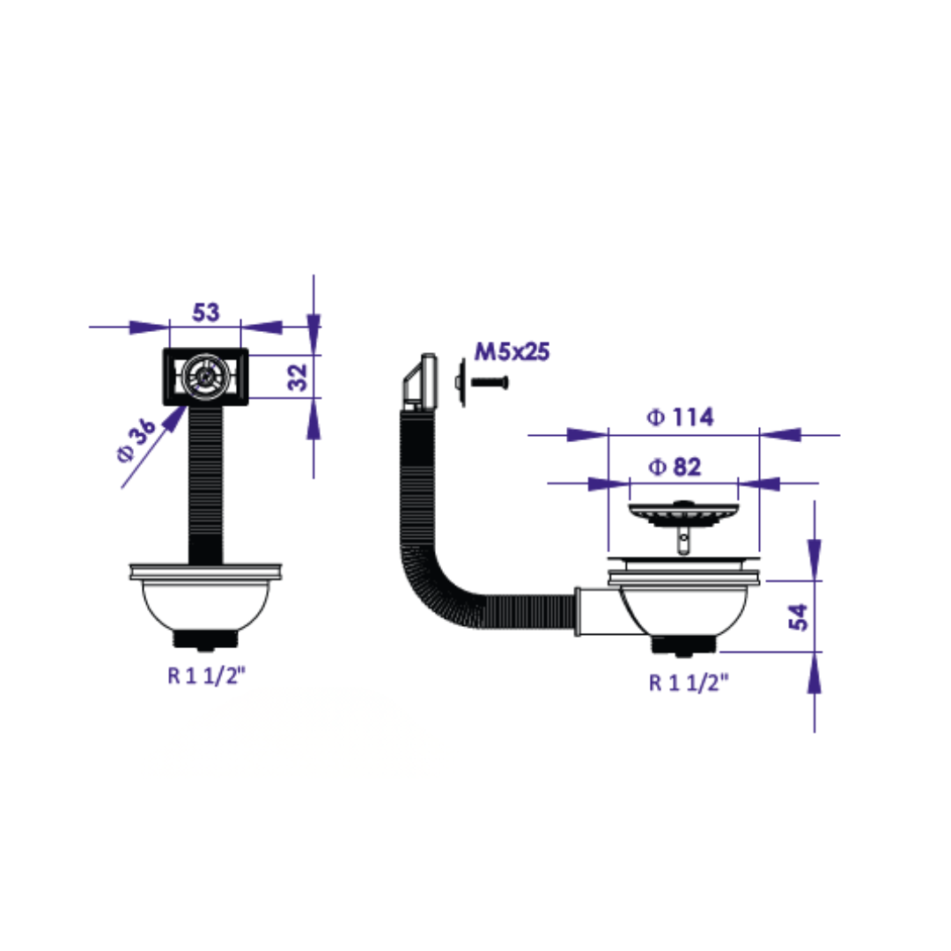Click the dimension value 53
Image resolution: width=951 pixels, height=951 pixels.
(205, 313)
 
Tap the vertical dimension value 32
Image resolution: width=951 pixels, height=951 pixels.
(298, 377)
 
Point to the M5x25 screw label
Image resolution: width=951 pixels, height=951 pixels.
(512, 351)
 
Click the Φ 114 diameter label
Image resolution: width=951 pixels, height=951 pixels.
(681, 417)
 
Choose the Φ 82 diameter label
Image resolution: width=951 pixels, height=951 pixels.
(675, 467)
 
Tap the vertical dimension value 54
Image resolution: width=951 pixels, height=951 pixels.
(798, 616)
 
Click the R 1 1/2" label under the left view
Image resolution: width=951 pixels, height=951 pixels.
(206, 675)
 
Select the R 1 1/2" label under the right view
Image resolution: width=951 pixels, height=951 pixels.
(689, 683)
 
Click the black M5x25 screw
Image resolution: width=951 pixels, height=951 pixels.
(490, 382)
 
